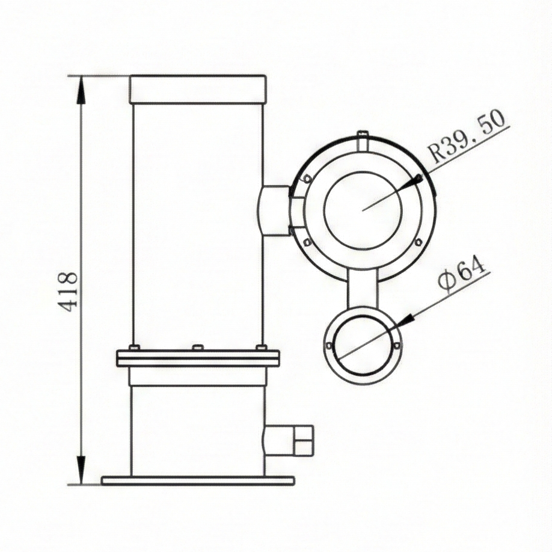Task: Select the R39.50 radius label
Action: tap(467, 137)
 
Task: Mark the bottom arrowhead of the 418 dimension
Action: tap(81, 469)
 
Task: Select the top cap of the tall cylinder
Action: tap(197, 89)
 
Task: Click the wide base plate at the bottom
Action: tap(198, 480)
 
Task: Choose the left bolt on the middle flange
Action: tap(134, 348)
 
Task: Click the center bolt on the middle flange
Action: tap(197, 348)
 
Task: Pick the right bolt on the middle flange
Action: tap(261, 348)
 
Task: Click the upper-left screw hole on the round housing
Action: tap(307, 178)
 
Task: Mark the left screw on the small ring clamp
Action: tap(328, 346)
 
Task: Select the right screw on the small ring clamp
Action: tap(397, 345)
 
